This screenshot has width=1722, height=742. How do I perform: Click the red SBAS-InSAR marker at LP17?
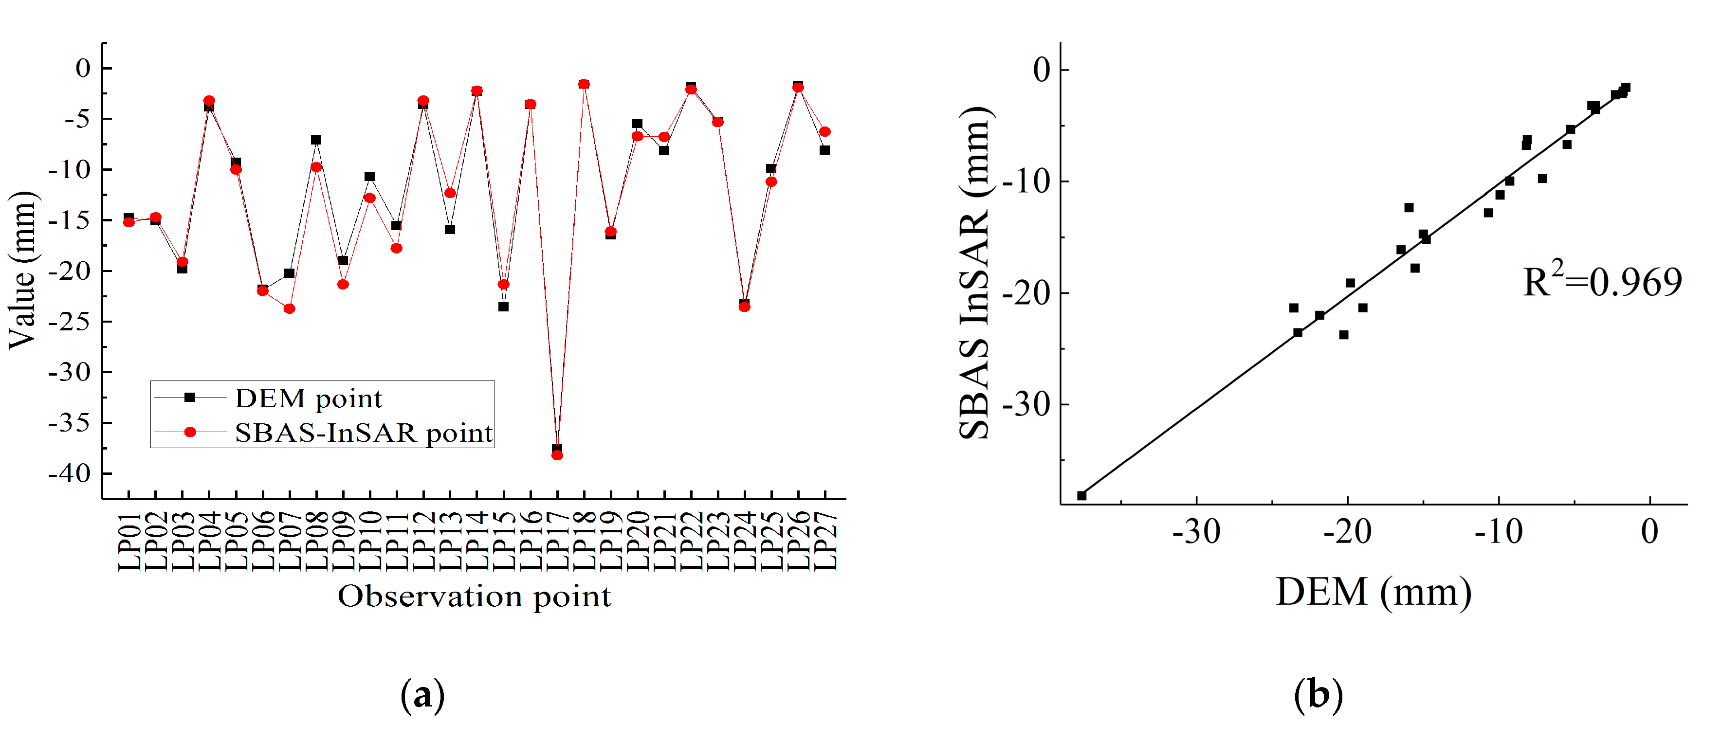pos(557,455)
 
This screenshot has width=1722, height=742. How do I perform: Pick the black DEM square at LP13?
pos(450,229)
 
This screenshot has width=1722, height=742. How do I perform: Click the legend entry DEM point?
pos(308,398)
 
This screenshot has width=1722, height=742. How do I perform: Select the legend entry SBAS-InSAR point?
pos(363,433)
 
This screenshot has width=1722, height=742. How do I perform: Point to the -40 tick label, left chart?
pos(69,473)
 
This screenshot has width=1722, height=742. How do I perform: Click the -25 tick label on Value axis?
pos(69,322)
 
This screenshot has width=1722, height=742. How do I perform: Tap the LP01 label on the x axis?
pos(129,542)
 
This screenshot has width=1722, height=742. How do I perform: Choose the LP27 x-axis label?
pos(825,542)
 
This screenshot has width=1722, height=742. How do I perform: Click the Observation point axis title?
pos(474,596)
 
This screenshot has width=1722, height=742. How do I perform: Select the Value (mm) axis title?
pos(21,270)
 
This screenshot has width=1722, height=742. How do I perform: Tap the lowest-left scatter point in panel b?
pos(1081,495)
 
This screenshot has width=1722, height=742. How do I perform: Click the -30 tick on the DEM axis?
pos(1196,532)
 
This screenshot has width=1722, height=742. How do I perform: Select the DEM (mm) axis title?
pos(1373,592)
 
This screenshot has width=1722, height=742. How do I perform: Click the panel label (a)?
pos(422,696)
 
